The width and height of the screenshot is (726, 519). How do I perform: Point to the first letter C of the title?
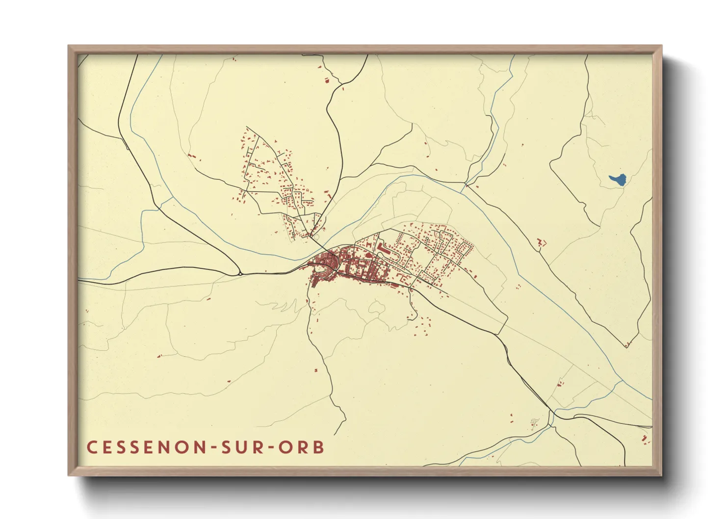coord(92,447)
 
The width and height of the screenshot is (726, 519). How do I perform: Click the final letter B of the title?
coord(319,447)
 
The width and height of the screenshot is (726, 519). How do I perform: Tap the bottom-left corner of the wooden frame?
coord(69,474)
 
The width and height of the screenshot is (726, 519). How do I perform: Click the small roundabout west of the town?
coord(240,272)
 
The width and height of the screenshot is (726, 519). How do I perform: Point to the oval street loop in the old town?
coord(321,268)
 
